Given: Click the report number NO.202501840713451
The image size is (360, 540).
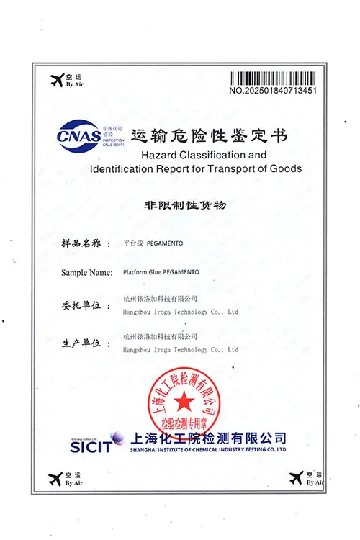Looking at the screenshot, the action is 273,91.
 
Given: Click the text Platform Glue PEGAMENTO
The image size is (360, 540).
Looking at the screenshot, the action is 161,272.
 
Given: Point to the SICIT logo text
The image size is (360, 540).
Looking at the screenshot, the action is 91,446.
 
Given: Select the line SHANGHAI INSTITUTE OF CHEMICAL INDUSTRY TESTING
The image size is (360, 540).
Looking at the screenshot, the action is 209,449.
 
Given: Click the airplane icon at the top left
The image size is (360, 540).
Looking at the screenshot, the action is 55,81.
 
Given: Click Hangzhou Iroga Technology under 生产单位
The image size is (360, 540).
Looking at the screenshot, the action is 181,350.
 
